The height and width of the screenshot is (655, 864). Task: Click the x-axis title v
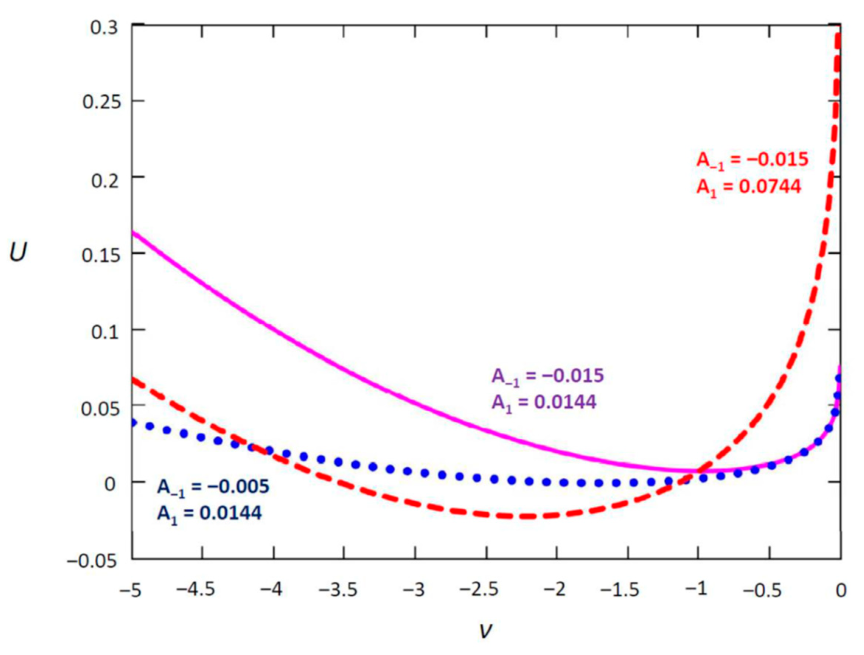pos(485,629)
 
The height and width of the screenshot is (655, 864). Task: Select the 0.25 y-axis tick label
pos(101,102)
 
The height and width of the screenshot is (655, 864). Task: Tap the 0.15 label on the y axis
pos(101,255)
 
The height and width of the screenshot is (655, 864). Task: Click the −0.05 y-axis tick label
pos(92,561)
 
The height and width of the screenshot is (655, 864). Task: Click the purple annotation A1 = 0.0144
pos(544,403)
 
